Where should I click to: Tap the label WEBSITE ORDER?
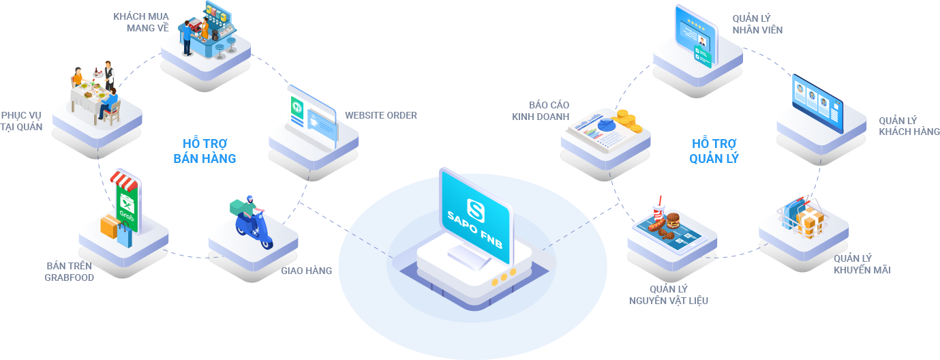tap(380, 115)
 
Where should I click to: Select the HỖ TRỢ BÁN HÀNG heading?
tap(205, 151)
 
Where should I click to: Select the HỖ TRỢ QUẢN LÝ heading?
tap(714, 151)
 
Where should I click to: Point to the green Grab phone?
tap(127, 202)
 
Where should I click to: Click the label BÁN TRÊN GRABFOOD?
tap(70, 271)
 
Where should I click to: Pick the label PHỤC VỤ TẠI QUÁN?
tap(22, 121)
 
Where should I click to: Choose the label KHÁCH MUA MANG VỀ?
tap(141, 22)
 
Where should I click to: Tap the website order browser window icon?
tap(312, 114)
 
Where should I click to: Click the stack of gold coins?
tap(624, 121)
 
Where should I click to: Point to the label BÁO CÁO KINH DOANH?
tap(541, 110)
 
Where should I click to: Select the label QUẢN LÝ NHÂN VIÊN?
tap(757, 24)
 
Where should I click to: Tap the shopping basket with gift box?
tap(803, 215)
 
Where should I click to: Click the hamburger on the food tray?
tap(673, 220)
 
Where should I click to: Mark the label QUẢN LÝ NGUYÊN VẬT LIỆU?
tap(668, 295)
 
